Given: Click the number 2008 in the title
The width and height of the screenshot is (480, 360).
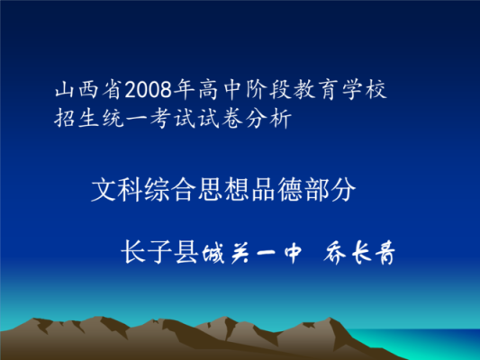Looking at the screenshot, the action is (x=149, y=90).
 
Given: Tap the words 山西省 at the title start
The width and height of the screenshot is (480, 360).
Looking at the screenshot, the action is (x=89, y=90).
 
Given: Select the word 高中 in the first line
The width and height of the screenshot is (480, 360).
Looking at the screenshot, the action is (x=221, y=90).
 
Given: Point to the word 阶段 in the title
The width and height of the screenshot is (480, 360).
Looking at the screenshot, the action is (x=268, y=90).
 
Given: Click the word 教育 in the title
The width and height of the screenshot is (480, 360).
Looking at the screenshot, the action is (x=316, y=90).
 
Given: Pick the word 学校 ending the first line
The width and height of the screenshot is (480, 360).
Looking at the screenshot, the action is (x=365, y=90).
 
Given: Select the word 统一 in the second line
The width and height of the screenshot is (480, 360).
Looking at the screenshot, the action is (x=125, y=118).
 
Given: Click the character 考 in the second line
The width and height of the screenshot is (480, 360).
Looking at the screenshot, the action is (x=160, y=118).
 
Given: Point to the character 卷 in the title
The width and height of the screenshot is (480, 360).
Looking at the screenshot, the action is (x=232, y=118).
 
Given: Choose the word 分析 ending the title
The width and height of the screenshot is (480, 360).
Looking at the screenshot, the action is (x=268, y=118).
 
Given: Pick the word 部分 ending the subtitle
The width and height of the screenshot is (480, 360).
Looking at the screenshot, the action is (x=330, y=190).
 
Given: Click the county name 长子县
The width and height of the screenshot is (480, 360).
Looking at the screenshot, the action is (x=159, y=252).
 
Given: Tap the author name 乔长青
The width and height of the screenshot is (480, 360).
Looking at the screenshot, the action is (x=359, y=253).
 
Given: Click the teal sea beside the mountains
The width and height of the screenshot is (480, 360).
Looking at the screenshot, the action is (x=429, y=343).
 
